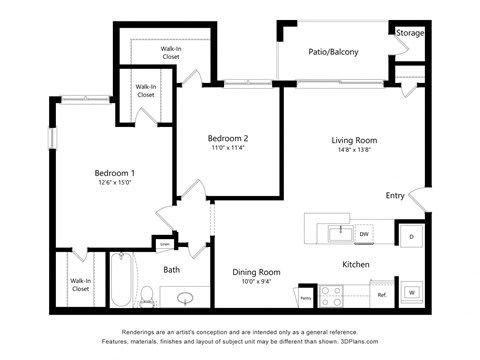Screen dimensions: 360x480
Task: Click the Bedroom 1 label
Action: [x=114, y=172]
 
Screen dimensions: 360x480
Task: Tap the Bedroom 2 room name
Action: [x=227, y=138]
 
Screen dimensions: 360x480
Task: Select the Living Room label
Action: [x=353, y=140]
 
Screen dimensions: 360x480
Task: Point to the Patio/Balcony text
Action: [x=333, y=52]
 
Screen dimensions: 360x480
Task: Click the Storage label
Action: [x=409, y=33]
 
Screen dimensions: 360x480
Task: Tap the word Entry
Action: [x=395, y=195]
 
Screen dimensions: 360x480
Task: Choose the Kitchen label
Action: [x=356, y=265]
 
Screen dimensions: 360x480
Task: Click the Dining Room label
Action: [x=256, y=272]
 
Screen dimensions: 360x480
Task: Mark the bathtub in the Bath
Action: [x=120, y=279]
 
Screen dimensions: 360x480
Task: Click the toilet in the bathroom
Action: [x=147, y=295]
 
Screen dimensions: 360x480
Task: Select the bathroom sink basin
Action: [x=184, y=297]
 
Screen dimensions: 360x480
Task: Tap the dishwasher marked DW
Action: [x=364, y=234]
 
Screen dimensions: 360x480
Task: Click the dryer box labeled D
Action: [x=411, y=236]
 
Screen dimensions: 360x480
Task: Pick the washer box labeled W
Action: [x=411, y=293]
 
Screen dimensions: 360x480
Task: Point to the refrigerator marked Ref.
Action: [x=381, y=295]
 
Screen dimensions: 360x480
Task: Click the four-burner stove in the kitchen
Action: [x=331, y=296]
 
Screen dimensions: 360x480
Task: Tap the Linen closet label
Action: [x=164, y=243]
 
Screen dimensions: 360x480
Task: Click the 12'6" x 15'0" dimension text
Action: [x=114, y=182]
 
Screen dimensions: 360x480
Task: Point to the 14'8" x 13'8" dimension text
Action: [x=352, y=151]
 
